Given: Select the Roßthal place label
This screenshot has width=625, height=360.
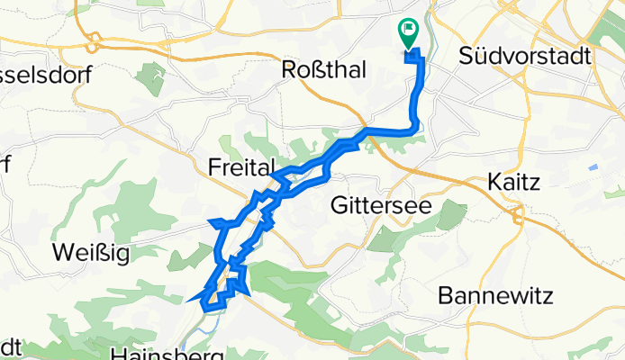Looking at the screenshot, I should point(324,70).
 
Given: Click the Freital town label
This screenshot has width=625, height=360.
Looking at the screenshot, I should point(240,166).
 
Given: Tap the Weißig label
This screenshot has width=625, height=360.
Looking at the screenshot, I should point(91,254).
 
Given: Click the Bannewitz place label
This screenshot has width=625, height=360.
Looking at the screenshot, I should point(508,295).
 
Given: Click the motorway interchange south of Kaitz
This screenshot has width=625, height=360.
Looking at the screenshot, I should point(517,214).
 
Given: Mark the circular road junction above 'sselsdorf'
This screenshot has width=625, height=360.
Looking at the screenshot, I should point(93,42).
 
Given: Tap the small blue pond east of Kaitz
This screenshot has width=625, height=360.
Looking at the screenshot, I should point(593,168).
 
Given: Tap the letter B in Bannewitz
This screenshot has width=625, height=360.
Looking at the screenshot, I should point(444,295).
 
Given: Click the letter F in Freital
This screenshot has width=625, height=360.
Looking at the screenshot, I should point(214,166).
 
